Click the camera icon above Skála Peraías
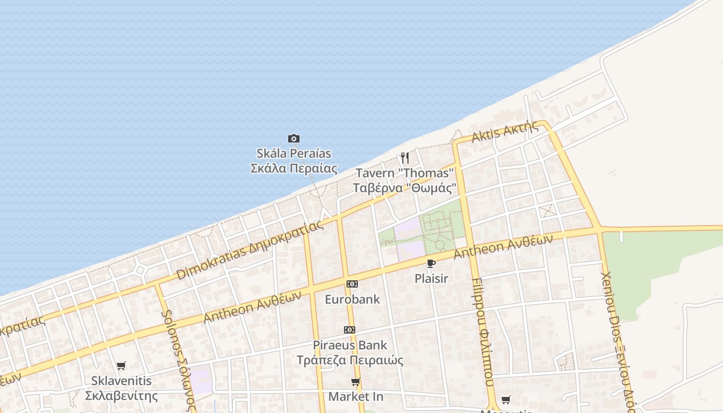point(294,138)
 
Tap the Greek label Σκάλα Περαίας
point(294,168)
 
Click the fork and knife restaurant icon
point(405,157)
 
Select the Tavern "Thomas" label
point(404,173)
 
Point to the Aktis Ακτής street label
point(505,132)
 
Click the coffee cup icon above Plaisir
point(431,264)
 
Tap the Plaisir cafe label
point(431,279)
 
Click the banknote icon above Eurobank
point(352,284)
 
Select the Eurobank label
point(352,299)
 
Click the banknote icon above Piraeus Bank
point(350,330)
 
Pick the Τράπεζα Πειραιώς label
point(350,360)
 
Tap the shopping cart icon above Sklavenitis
point(121,366)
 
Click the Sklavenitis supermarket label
point(121,381)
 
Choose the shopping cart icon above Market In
point(356,382)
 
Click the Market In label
point(356,397)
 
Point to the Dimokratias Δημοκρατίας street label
point(250,250)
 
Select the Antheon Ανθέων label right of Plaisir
point(503,247)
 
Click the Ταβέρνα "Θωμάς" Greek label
point(404,187)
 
